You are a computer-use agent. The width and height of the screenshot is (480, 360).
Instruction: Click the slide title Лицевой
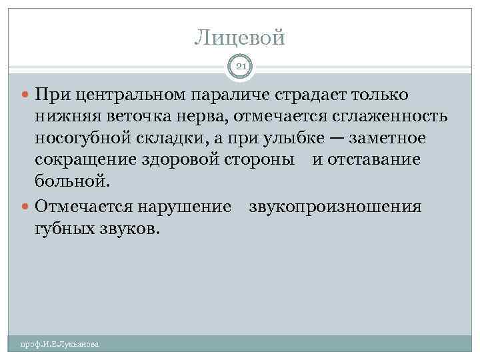[240, 37]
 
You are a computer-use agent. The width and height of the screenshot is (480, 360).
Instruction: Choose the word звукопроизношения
[335, 207]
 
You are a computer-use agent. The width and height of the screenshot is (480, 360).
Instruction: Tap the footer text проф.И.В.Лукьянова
[59, 344]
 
